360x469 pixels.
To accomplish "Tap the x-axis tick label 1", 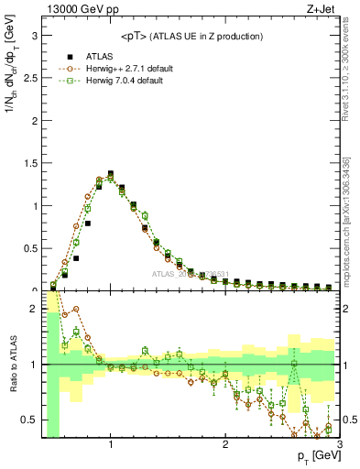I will tap(111, 442).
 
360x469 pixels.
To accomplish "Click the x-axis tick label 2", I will tap(225, 442).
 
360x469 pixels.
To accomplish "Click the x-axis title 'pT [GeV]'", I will tap(315, 455).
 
